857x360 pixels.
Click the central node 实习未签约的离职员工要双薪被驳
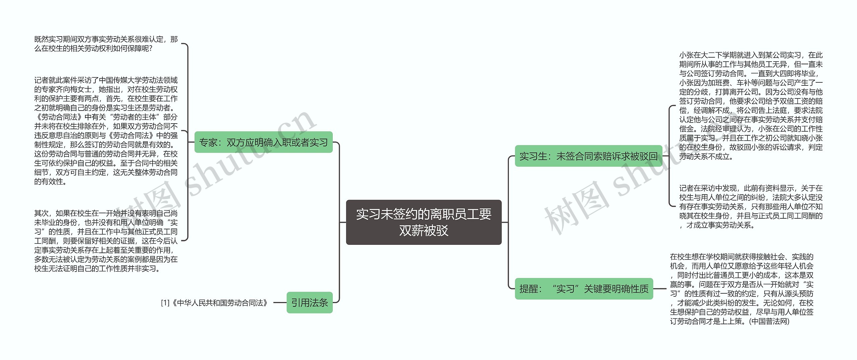[x=423, y=222]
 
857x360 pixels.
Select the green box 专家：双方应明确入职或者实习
[x=263, y=142]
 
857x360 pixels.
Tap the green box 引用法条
[x=309, y=302]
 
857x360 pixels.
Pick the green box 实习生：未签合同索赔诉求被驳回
[x=588, y=156]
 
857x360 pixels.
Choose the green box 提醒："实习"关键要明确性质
[x=584, y=289]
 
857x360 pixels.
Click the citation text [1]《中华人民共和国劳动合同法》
[x=215, y=303]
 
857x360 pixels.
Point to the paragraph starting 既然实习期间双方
[x=106, y=44]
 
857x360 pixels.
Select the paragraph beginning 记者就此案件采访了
[x=106, y=131]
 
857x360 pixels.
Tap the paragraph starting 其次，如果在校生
[x=106, y=241]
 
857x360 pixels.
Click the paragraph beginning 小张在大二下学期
[x=751, y=106]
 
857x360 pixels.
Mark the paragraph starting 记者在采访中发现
[x=751, y=207]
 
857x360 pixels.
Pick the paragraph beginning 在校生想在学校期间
[x=742, y=289]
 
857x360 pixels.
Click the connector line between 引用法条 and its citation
[x=280, y=303]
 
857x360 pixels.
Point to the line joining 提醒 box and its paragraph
[x=660, y=289]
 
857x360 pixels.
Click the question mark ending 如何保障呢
[x=151, y=49]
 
